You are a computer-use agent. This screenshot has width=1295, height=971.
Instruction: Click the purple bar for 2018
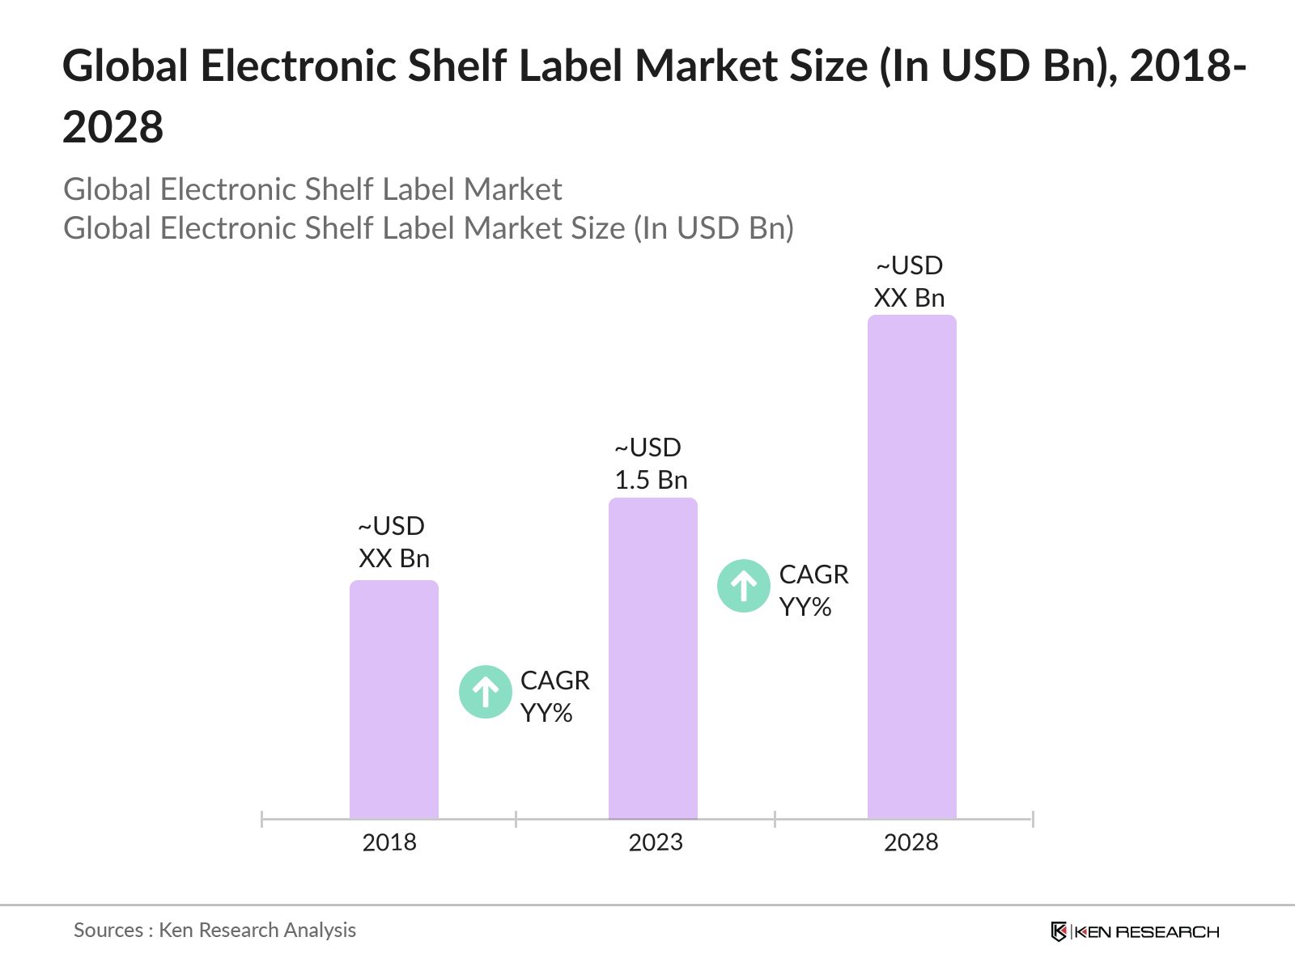393,700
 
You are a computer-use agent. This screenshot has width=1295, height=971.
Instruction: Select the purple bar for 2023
652,659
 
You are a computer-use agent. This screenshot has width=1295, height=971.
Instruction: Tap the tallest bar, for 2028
911,566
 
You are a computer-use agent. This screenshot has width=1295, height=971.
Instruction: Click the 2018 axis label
389,842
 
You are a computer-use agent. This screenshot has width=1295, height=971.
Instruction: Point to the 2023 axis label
656,842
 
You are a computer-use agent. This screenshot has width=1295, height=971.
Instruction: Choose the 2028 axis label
911,842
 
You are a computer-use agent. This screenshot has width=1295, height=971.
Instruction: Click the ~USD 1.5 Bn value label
651,464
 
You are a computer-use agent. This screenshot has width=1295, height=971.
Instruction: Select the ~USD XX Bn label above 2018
393,542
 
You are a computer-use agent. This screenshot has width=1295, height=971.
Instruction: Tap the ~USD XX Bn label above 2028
909,282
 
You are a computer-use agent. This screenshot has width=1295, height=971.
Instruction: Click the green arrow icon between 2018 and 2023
485,692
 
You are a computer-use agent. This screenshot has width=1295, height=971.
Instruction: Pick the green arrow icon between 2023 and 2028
743,586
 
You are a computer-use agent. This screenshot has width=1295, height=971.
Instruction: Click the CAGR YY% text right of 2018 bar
554,697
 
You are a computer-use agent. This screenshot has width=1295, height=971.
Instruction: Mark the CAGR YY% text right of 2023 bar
813,591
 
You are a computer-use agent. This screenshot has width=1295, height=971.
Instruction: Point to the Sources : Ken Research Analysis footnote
214,931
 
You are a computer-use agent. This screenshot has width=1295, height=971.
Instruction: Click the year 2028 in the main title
113,128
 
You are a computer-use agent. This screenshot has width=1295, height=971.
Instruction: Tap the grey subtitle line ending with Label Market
312,189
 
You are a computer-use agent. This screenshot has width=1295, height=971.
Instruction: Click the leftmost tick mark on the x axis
262,819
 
